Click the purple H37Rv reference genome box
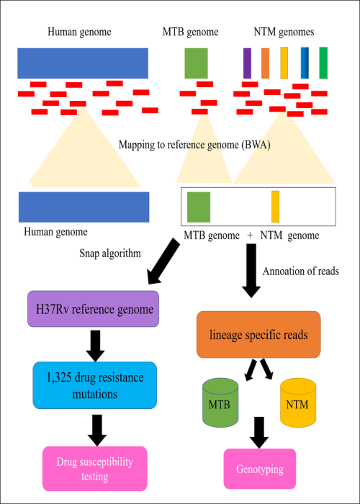coord(93,309)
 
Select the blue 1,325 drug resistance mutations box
coord(95,385)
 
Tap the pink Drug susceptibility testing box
coord(95,469)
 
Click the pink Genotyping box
coord(260,469)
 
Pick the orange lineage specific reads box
coord(258,335)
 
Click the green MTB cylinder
coord(220,402)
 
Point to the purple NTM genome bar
coord(247,63)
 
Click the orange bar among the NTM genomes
coord(265,63)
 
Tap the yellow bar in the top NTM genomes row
coord(284,63)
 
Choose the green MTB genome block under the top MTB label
coord(196,63)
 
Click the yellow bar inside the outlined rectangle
coord(276,207)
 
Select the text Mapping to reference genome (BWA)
coord(194,145)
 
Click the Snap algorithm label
coord(110,253)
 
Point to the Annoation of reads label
coord(301,271)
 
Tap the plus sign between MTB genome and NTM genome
coord(250,235)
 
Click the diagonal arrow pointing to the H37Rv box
coord(163,261)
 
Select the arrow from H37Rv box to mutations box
coord(95,346)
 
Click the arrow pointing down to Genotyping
coord(258,433)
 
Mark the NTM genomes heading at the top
coord(284,32)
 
